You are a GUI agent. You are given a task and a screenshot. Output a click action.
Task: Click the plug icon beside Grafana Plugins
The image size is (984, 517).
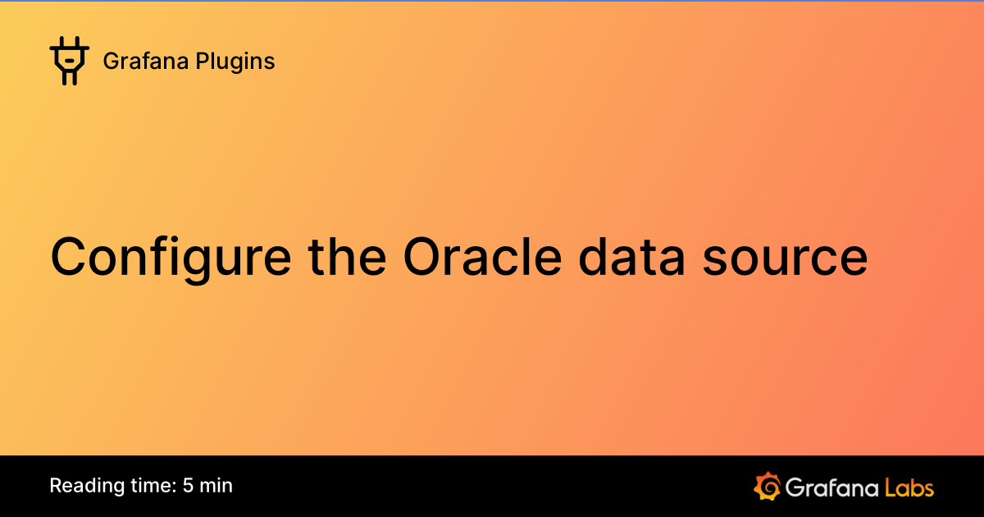coord(69,62)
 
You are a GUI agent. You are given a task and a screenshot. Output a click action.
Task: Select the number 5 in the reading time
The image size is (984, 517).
coord(189,486)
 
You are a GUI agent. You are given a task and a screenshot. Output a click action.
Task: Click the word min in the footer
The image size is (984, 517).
coord(216,486)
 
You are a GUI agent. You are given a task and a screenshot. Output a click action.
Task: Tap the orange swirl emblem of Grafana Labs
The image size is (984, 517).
coord(767,486)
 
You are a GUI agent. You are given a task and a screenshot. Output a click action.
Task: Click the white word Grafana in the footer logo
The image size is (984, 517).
coord(832,487)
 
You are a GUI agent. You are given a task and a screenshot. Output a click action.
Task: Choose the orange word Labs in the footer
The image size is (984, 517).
coord(909,487)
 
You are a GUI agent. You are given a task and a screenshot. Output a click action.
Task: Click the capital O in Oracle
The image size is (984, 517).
coord(423,256)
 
